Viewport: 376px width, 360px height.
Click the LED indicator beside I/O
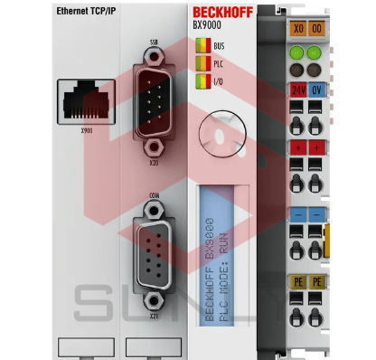[x=204, y=81]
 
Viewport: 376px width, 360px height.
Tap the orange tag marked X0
[x=297, y=29]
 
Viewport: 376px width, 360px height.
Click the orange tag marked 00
[x=317, y=29]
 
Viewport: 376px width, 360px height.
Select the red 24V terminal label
[x=297, y=90]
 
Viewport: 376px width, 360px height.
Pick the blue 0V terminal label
[x=317, y=90]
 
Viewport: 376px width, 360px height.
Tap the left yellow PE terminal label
[x=297, y=282]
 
